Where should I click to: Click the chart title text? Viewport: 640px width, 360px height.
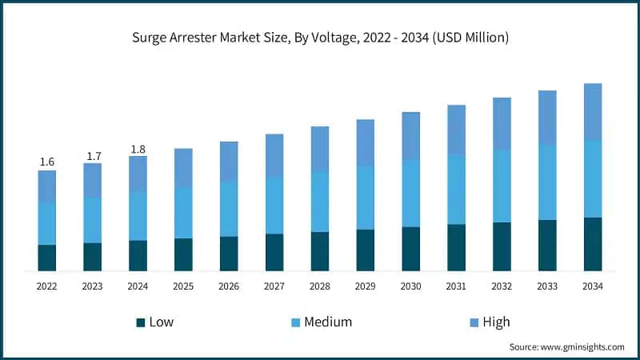(320, 38)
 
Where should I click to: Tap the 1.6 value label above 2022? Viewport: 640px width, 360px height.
(47, 162)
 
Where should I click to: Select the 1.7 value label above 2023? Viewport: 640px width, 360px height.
(93, 155)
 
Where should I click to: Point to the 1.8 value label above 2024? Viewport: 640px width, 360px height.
(138, 148)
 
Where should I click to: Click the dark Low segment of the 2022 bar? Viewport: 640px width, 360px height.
(47, 258)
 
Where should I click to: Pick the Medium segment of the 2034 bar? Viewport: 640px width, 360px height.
(593, 178)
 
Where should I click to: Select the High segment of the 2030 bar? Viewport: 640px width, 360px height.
(410, 136)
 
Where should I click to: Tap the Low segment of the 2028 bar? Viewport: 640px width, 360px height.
(320, 251)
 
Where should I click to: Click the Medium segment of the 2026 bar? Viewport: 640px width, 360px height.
(229, 208)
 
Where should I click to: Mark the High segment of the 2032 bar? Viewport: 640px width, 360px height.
(502, 123)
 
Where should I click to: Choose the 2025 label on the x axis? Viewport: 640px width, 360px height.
(183, 286)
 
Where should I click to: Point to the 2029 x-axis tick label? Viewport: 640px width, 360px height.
(365, 286)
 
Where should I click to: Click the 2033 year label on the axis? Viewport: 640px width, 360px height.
(547, 286)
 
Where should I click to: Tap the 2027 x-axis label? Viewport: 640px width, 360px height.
(274, 286)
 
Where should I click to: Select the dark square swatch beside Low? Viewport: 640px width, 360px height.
(141, 322)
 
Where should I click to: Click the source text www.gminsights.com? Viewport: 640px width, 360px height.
(566, 346)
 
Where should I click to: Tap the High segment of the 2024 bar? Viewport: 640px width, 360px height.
(138, 174)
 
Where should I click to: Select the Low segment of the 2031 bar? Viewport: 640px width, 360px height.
(456, 247)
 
